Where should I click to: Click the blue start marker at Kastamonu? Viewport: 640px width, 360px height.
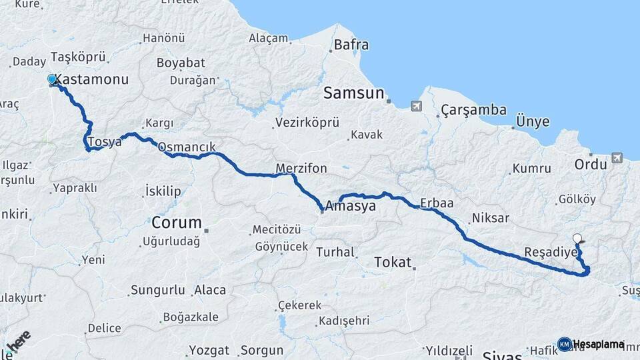pyautogui.click(x=52, y=80)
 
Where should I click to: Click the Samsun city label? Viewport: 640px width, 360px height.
pyautogui.click(x=354, y=93)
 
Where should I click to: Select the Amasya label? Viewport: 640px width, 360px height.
pyautogui.click(x=351, y=207)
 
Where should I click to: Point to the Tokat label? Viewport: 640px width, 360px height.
pyautogui.click(x=393, y=262)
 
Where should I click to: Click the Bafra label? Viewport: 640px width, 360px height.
pyautogui.click(x=351, y=46)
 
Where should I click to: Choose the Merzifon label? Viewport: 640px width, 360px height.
pyautogui.click(x=301, y=168)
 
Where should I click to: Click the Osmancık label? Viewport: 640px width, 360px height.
pyautogui.click(x=187, y=147)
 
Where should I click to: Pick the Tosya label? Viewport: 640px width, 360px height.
pyautogui.click(x=105, y=141)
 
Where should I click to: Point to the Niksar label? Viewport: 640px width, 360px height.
pyautogui.click(x=490, y=218)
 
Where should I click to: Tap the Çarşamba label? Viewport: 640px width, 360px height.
pyautogui.click(x=473, y=110)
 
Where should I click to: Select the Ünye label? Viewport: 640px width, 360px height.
pyautogui.click(x=533, y=122)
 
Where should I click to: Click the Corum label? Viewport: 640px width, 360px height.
pyautogui.click(x=176, y=222)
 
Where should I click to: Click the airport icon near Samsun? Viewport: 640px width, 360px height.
pyautogui.click(x=417, y=106)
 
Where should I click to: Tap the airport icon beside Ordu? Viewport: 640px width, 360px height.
pyautogui.click(x=616, y=158)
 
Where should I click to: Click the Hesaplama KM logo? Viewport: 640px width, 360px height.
pyautogui.click(x=591, y=344)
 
